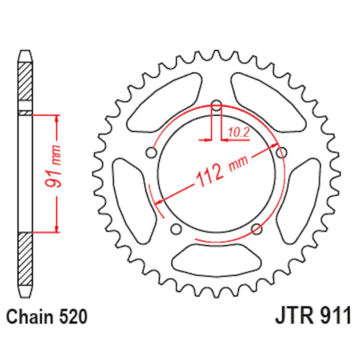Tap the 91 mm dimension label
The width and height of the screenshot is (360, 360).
tap(53, 166)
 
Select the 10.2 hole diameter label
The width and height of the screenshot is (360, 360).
tap(238, 132)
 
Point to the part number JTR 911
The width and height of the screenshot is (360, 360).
tap(313, 315)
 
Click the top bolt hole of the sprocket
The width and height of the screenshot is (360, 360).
tap(217, 106)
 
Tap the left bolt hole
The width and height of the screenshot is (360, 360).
tap(151, 152)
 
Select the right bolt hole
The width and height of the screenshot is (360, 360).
tap(281, 152)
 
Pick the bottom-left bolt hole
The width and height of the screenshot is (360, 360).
tap(176, 229)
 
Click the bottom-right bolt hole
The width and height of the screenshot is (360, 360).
tap(256, 229)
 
